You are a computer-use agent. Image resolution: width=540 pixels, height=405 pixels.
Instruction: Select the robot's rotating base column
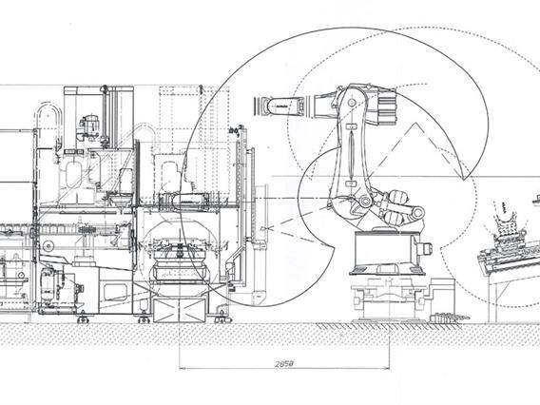point(386,252)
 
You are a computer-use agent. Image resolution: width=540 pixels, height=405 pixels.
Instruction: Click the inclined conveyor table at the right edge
point(509,262)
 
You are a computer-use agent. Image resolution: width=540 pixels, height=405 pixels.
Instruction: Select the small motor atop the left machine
point(90,125)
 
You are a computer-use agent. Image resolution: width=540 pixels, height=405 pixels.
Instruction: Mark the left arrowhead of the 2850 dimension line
point(181,368)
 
